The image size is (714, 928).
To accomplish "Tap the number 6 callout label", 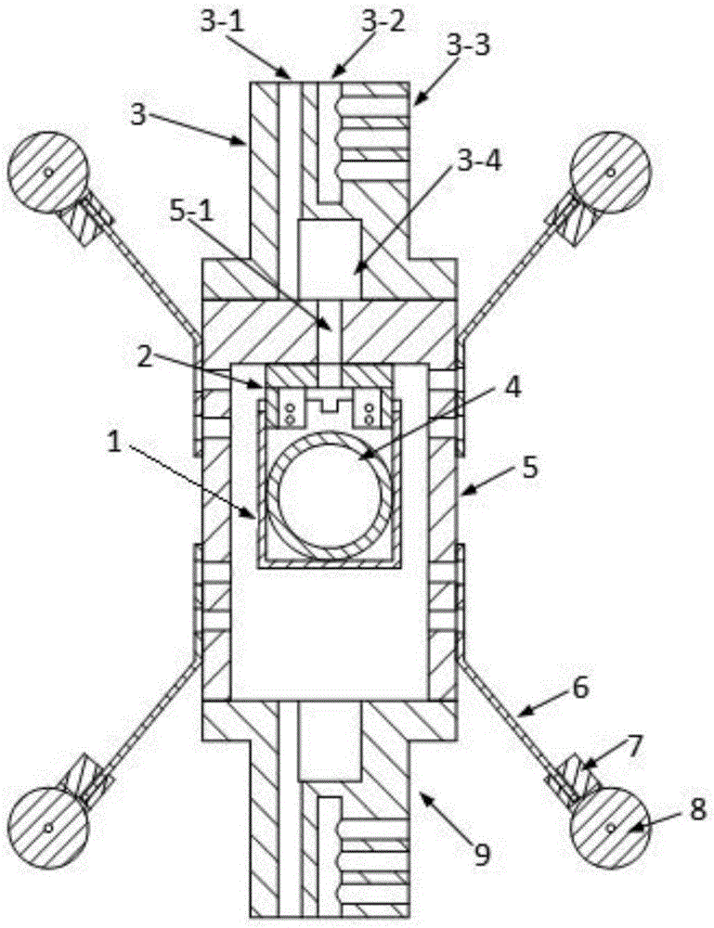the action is tap(579, 688).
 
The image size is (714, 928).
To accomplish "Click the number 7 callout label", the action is tap(633, 747).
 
